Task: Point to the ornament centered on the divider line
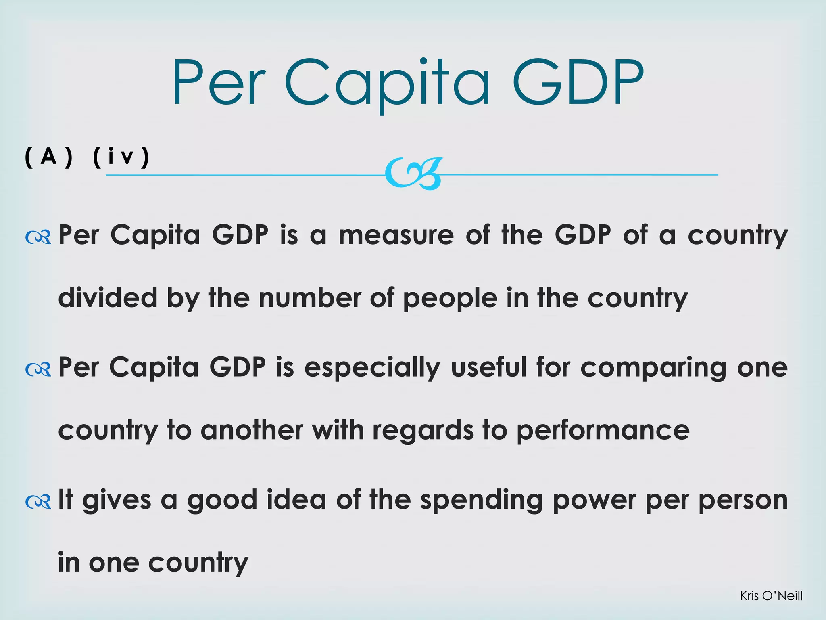(x=414, y=174)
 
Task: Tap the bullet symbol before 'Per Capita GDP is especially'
(x=38, y=369)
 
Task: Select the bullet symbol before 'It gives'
(x=38, y=501)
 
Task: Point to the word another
(x=252, y=430)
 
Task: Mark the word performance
(x=603, y=431)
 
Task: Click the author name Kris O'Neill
(x=771, y=595)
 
